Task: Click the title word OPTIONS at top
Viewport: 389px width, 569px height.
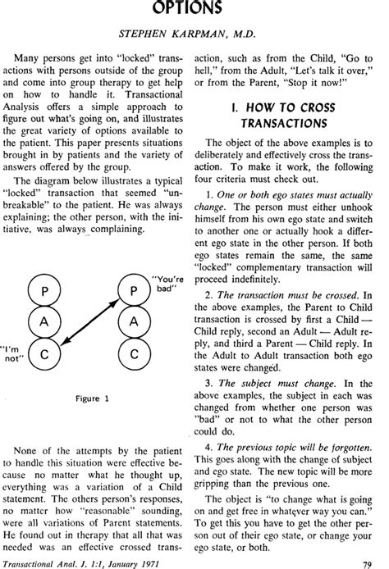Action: coord(194,9)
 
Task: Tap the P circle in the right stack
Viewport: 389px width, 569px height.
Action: coord(132,289)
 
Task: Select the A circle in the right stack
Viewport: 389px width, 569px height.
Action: coord(132,322)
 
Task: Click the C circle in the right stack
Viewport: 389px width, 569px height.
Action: coord(132,355)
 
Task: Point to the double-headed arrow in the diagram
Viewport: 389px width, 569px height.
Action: coord(89,322)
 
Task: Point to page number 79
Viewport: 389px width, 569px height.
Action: coord(370,561)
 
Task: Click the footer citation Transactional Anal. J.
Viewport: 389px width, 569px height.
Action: coord(63,561)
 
